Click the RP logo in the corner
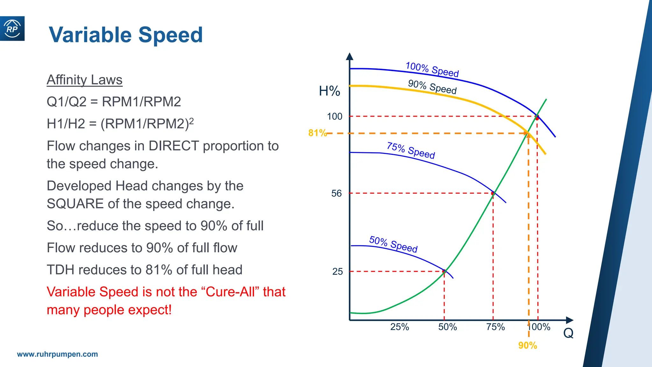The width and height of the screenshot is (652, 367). click(x=12, y=29)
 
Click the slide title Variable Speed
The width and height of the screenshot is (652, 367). click(x=126, y=35)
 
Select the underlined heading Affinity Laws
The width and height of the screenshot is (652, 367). click(x=84, y=80)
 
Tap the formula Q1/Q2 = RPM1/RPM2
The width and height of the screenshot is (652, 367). click(x=114, y=102)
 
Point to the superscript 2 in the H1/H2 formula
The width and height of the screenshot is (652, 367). click(x=191, y=120)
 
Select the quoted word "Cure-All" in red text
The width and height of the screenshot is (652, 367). click(x=230, y=292)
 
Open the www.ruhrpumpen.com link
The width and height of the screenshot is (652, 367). click(x=57, y=354)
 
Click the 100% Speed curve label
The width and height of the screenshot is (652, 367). click(x=432, y=69)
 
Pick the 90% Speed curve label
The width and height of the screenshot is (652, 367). click(x=432, y=87)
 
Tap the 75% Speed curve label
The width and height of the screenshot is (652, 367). click(x=411, y=150)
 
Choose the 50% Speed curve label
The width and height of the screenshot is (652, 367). click(x=393, y=244)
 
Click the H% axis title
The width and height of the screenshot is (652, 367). click(x=329, y=91)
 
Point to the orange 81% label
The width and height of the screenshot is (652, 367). click(x=317, y=133)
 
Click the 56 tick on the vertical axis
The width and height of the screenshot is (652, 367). click(x=336, y=193)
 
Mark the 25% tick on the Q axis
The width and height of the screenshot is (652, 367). click(x=400, y=327)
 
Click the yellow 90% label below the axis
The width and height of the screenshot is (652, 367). click(x=528, y=345)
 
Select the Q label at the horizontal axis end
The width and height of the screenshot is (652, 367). click(x=568, y=333)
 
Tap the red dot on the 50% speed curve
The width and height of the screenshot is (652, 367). click(x=444, y=271)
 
